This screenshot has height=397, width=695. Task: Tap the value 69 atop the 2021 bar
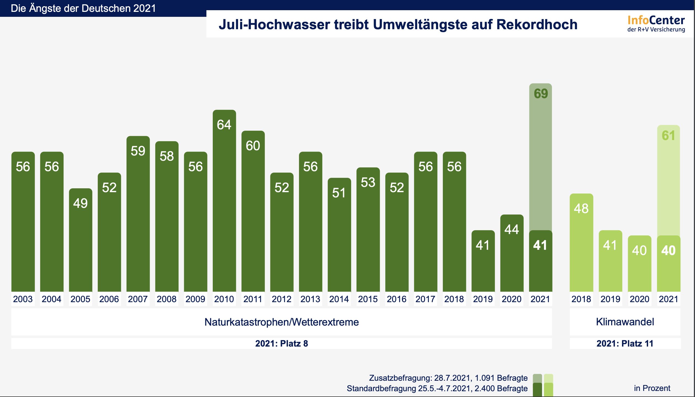tap(541, 94)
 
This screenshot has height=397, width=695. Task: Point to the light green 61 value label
tap(669, 135)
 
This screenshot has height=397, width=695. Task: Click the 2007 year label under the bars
tap(138, 299)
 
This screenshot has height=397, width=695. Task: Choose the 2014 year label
tap(339, 299)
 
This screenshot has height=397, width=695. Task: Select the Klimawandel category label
tap(625, 322)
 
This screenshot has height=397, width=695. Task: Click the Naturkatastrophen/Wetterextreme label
tap(281, 322)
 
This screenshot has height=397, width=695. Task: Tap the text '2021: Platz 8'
tap(281, 344)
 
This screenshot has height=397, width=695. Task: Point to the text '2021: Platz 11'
tap(625, 344)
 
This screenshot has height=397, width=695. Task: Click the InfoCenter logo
tap(656, 24)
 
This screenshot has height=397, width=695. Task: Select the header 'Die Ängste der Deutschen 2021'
tap(83, 8)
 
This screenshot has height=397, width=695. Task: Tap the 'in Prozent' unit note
tap(652, 388)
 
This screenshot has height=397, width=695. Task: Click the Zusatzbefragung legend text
tap(448, 378)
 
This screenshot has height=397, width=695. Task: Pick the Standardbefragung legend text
tap(437, 388)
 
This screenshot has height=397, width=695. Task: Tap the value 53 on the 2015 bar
tap(368, 183)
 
